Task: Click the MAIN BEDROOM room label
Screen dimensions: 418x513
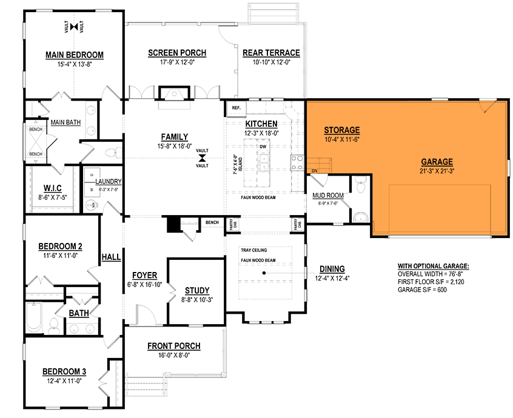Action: pos(75,55)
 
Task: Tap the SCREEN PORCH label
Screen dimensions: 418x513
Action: pos(177,53)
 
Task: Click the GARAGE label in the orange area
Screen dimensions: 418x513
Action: pos(437,162)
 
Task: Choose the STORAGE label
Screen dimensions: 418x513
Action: pos(342,130)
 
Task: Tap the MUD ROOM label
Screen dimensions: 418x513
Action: pos(327,195)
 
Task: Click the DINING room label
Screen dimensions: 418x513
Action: pos(330,269)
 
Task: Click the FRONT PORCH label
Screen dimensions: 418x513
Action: pos(174,346)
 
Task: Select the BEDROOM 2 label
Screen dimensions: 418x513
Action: pos(60,247)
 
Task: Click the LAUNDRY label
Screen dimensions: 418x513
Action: pos(109,181)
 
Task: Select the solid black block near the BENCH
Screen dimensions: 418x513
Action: pos(174,224)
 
